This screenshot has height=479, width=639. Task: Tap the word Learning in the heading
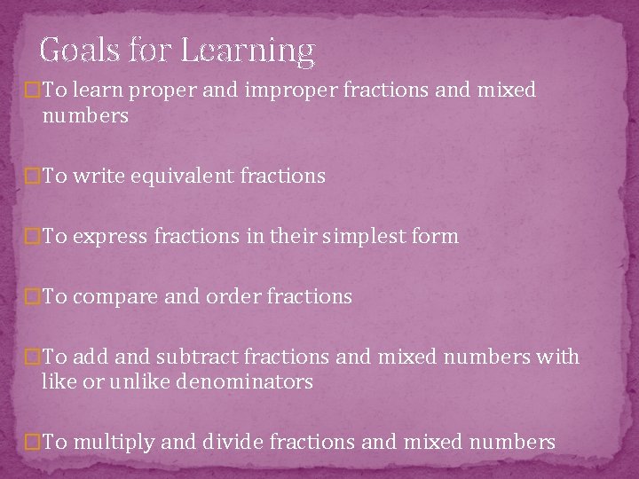(x=248, y=52)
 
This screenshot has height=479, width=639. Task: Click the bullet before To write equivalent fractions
(x=34, y=177)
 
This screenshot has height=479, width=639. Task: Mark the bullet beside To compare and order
(x=34, y=297)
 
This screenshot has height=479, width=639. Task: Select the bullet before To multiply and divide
(x=34, y=441)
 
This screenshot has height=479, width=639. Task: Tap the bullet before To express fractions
(x=34, y=237)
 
